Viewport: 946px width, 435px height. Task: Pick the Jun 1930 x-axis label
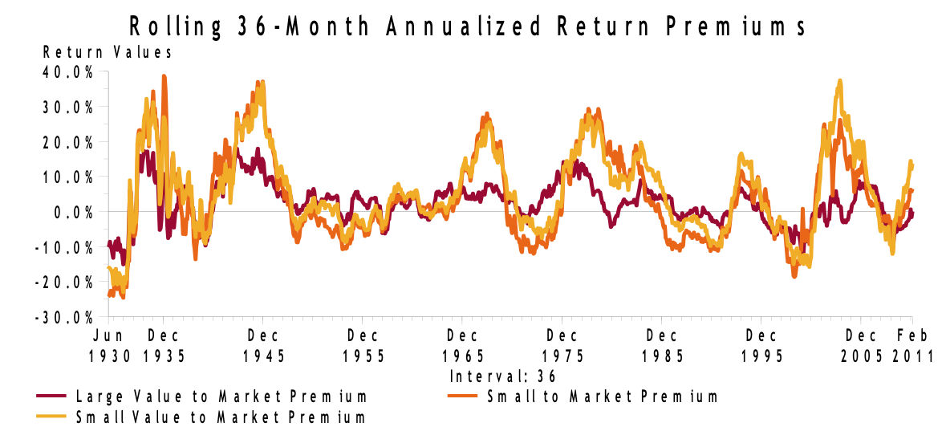pyautogui.click(x=112, y=344)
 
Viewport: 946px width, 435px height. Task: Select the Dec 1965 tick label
pyautogui.click(x=463, y=344)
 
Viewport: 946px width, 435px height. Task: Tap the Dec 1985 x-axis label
pyautogui.click(x=663, y=344)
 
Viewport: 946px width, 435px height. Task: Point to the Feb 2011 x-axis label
pyautogui.click(x=913, y=344)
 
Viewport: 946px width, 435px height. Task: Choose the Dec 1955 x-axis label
pyautogui.click(x=363, y=344)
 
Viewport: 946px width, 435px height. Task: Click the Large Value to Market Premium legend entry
pyautogui.click(x=221, y=396)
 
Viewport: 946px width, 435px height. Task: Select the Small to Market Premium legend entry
pyautogui.click(x=602, y=396)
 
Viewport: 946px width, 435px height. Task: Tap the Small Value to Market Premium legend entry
pyautogui.click(x=220, y=417)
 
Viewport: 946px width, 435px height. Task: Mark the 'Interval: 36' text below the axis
pyautogui.click(x=503, y=376)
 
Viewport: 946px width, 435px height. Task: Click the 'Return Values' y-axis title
pyautogui.click(x=108, y=53)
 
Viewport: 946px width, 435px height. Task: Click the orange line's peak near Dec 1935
pyautogui.click(x=164, y=76)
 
